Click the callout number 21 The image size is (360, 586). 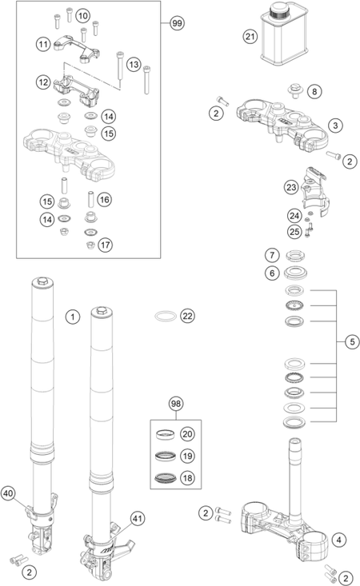(x=250, y=37)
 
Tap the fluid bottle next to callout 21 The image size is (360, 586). (x=284, y=34)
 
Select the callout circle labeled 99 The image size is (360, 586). (x=177, y=23)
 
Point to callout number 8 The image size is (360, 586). (x=314, y=92)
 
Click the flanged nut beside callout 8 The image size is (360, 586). (x=295, y=90)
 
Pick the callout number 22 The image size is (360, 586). (x=187, y=316)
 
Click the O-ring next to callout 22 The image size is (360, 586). (x=166, y=316)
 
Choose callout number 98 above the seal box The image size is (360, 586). (x=176, y=404)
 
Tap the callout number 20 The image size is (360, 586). (x=187, y=434)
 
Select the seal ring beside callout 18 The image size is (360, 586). (x=166, y=477)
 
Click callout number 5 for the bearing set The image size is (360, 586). (x=352, y=341)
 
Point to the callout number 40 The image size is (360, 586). (x=8, y=494)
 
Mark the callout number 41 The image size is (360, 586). (x=138, y=519)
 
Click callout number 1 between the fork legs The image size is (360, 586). (x=73, y=317)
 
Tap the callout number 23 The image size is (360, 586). (x=291, y=187)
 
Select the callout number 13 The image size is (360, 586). (x=134, y=65)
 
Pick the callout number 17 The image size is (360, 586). (x=105, y=245)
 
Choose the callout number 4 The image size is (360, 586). (x=339, y=540)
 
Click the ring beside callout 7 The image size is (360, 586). (x=295, y=256)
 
